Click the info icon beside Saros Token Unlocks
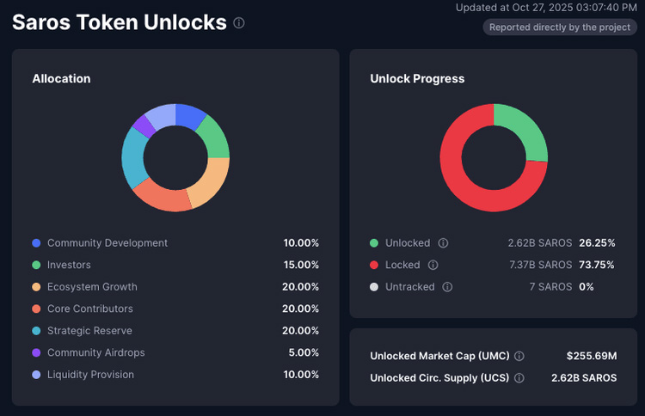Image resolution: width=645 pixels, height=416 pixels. click(239, 23)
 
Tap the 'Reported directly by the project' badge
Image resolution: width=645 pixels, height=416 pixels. click(560, 28)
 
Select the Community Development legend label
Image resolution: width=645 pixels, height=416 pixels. click(107, 243)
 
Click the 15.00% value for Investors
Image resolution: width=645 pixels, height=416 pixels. click(301, 265)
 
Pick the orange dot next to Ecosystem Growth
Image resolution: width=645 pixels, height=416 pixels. click(36, 287)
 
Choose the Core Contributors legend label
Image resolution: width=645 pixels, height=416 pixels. click(90, 309)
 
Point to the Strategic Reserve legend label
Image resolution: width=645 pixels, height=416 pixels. click(89, 331)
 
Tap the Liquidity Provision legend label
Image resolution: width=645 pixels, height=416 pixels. click(91, 375)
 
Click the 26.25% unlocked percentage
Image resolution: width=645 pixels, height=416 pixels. click(597, 243)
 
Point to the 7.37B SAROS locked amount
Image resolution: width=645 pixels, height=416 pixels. click(540, 265)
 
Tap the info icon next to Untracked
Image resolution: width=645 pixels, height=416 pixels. click(447, 287)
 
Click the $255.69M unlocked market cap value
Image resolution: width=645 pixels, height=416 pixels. click(592, 356)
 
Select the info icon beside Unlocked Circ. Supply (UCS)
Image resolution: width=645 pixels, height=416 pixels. click(519, 377)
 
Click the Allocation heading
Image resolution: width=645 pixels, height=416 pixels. click(61, 78)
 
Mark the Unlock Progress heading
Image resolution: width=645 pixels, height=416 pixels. click(417, 78)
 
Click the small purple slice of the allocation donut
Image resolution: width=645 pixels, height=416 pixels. click(143, 125)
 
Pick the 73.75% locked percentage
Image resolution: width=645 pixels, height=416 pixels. click(597, 265)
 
